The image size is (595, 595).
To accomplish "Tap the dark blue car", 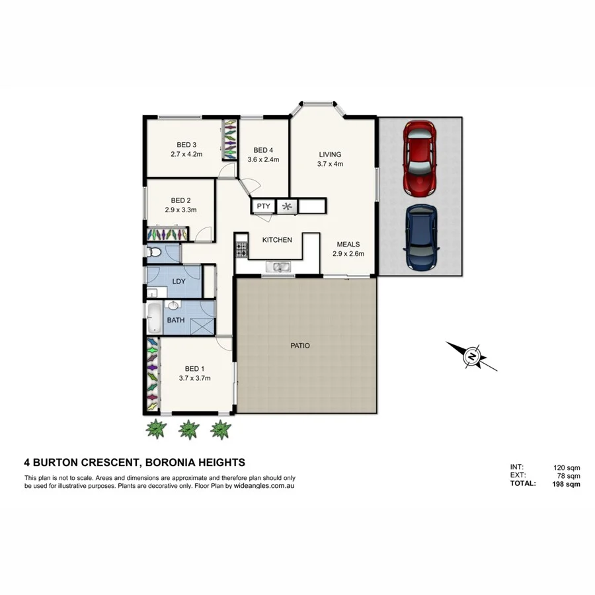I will tap(420, 237).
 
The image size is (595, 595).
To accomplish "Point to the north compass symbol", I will tap(472, 356).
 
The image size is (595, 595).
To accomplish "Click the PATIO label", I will tap(299, 346).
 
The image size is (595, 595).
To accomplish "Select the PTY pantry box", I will tap(263, 206).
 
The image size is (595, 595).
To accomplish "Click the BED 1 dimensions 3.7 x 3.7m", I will tap(194, 379).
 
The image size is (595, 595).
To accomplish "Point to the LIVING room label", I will tap(329, 155).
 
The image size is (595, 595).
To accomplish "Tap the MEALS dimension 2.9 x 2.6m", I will tap(348, 253).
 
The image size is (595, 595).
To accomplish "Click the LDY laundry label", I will tap(178, 281).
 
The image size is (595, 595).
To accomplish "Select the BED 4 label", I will tap(263, 149).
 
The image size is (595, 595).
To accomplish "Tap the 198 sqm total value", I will tap(567, 484).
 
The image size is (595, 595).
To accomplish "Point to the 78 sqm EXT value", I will tap(569, 475).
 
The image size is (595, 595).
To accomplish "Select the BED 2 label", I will tap(180, 200).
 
